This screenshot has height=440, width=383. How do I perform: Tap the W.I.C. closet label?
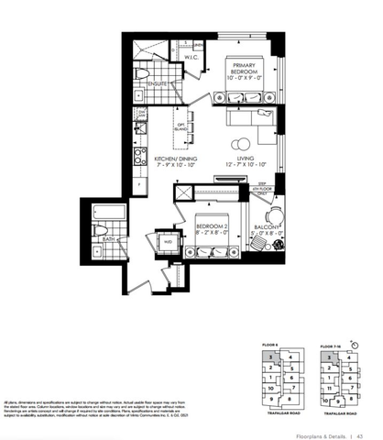tap(191, 58)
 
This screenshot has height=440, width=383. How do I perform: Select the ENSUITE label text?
tap(158, 83)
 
